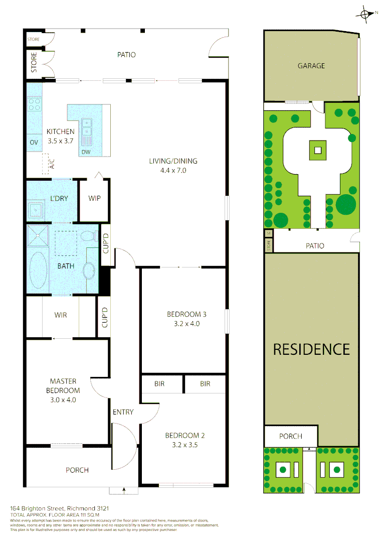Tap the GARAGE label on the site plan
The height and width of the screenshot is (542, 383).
click(311, 66)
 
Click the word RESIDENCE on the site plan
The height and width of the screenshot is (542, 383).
click(311, 349)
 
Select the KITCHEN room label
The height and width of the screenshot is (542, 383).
click(61, 131)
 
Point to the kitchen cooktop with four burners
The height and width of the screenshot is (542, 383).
click(34, 104)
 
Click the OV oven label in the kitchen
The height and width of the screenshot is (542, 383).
click(34, 143)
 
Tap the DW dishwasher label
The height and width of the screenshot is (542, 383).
click(86, 152)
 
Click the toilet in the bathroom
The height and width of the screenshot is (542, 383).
click(90, 235)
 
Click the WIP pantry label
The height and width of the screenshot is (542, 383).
click(94, 198)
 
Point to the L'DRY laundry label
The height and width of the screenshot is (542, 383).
click(59, 198)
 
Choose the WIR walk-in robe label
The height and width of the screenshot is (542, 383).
click(61, 315)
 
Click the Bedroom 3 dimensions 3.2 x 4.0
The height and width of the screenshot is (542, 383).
click(186, 324)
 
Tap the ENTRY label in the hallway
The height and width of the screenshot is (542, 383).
click(123, 412)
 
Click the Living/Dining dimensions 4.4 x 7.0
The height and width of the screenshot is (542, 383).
click(173, 170)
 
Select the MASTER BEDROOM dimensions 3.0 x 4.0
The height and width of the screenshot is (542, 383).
click(63, 400)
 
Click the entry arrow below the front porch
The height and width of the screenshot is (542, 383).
click(123, 490)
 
